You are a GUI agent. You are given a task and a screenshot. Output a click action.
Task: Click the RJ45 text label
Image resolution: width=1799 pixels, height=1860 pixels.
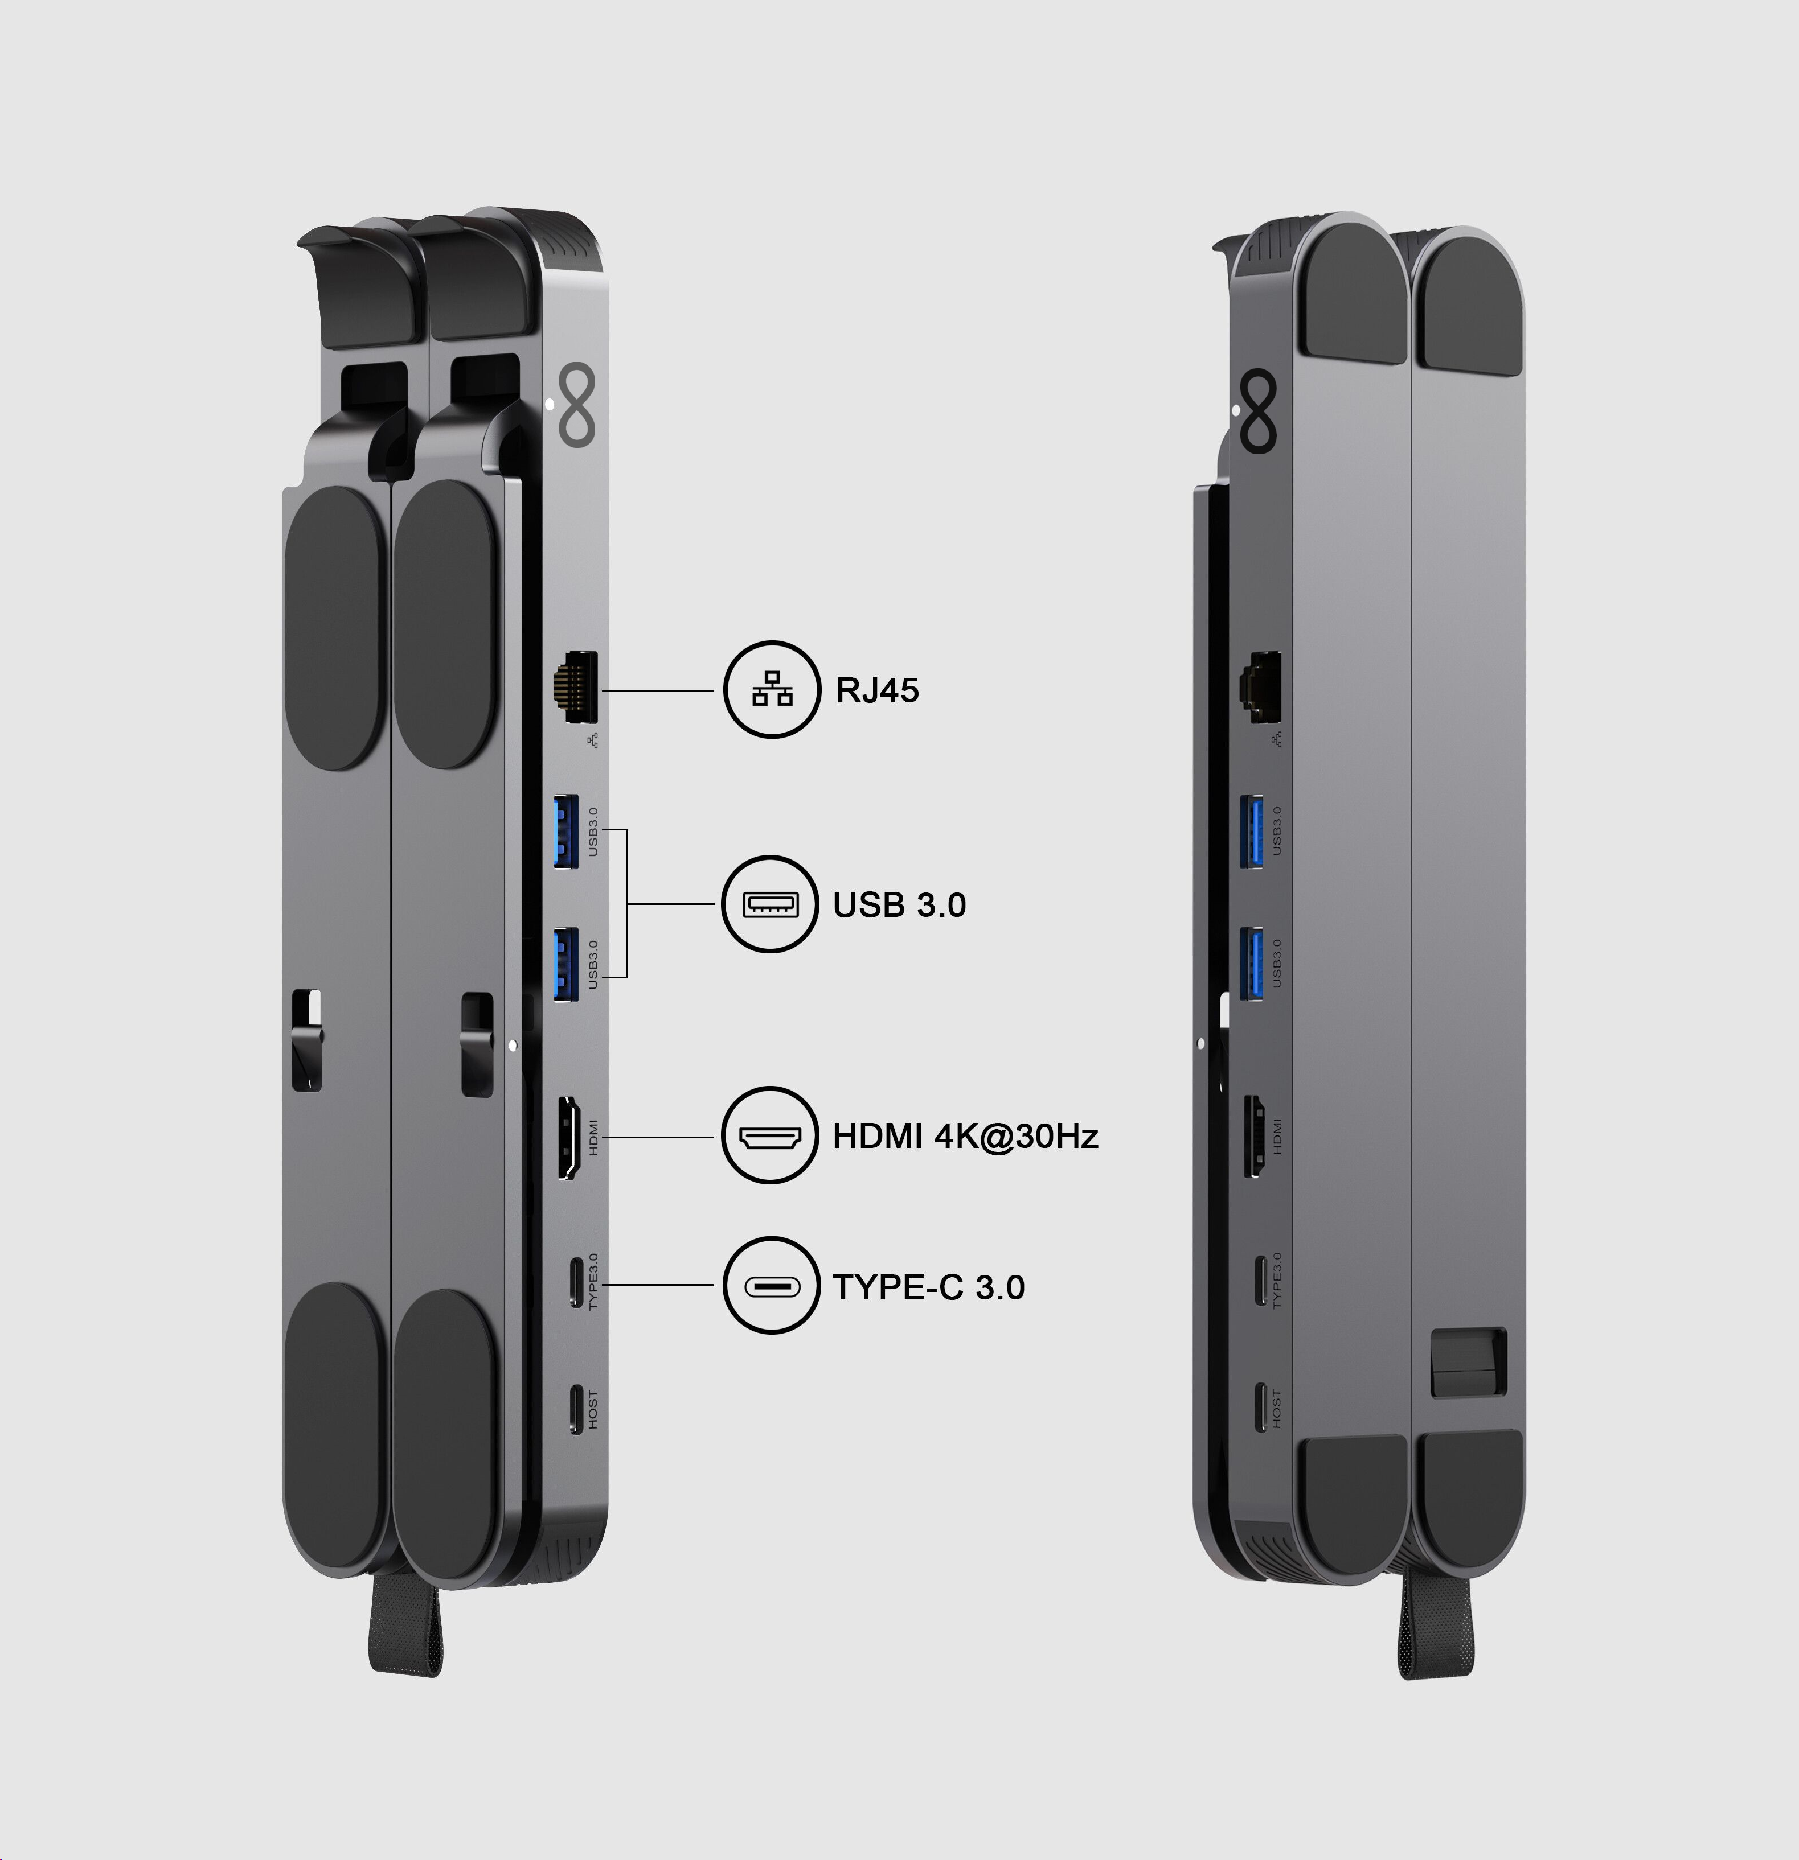(876, 690)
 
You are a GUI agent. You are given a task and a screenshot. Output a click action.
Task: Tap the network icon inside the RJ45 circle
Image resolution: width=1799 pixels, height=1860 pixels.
(772, 689)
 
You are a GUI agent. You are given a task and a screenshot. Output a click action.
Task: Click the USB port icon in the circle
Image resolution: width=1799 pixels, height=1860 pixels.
(770, 904)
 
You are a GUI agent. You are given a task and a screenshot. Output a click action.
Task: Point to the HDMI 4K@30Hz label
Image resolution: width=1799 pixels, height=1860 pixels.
(965, 1136)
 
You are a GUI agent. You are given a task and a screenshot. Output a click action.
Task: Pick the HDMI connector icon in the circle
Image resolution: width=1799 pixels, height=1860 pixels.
(770, 1136)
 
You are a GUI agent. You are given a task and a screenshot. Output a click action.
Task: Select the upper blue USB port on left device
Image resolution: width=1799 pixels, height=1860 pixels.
(567, 832)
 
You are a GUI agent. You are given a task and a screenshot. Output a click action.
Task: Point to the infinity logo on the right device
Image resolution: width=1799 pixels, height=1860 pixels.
(1258, 412)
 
